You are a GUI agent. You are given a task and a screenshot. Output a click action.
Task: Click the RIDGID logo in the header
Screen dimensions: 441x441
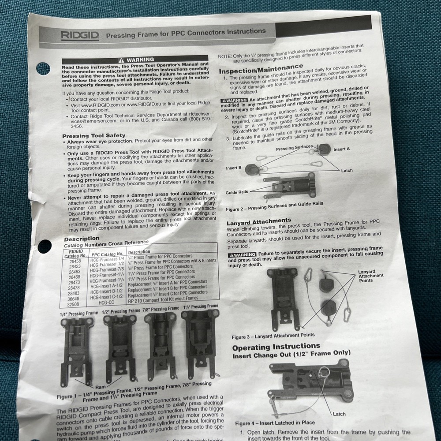[80, 36]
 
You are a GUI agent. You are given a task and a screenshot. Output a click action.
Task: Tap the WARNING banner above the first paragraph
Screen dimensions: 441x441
[135, 60]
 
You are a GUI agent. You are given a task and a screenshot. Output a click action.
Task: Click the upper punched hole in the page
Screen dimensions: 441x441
[43, 69]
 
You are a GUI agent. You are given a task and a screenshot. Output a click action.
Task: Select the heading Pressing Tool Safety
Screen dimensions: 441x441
[93, 135]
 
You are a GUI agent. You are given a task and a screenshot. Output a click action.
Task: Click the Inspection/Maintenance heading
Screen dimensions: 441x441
[261, 69]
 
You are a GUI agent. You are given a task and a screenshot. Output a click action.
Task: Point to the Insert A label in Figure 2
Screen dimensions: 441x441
[341, 149]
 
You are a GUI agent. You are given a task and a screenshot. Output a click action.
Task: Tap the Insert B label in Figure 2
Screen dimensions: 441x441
[234, 168]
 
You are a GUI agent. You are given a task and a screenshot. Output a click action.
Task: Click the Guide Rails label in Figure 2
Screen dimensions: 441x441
[237, 192]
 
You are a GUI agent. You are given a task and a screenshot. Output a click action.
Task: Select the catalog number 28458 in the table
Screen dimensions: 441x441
[75, 261]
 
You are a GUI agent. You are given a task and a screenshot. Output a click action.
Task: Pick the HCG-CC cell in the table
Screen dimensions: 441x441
[106, 303]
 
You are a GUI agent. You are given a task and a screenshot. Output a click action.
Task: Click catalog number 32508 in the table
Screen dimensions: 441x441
[73, 304]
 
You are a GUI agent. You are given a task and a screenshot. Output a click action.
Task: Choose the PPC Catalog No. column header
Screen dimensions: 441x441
[108, 254]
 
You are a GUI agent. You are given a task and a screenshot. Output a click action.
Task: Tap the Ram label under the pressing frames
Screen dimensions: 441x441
[101, 387]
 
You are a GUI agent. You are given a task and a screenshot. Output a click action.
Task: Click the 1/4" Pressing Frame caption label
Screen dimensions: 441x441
[79, 314]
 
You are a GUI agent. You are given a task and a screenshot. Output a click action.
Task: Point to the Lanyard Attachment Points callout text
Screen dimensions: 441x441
[371, 276]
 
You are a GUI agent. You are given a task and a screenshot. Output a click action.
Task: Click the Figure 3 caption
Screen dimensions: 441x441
[273, 336]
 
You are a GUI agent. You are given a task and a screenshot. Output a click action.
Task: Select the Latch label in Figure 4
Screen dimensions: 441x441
[339, 414]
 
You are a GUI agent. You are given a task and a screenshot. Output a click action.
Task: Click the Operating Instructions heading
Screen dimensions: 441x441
[276, 347]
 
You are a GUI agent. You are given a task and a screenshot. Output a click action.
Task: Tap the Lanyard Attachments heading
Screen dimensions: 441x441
[259, 221]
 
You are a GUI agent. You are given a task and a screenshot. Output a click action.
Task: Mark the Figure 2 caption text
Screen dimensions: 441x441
[274, 206]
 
